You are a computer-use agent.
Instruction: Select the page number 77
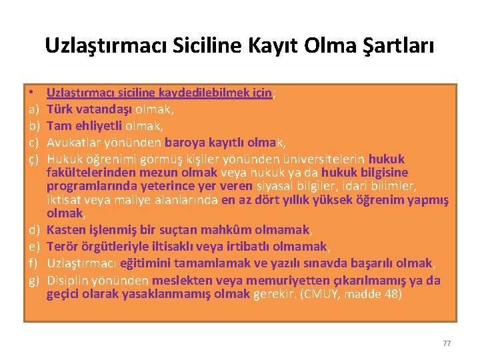tap(447, 343)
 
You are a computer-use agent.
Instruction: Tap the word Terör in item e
tap(62, 246)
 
